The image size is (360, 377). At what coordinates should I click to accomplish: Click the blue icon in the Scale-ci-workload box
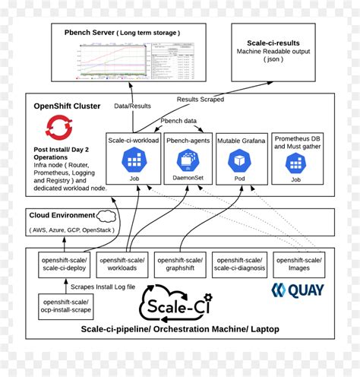point(134,160)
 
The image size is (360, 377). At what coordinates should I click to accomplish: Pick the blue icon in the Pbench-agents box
point(187,160)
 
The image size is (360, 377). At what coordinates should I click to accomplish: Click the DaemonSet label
point(187,179)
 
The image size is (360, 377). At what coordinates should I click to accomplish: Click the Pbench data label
point(178,121)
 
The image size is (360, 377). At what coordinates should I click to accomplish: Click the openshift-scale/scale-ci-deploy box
point(62,264)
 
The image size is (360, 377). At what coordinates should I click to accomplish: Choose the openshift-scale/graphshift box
point(179,264)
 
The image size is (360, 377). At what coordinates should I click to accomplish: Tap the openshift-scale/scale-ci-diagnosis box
point(238,264)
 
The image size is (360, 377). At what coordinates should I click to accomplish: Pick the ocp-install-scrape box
point(62,307)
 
